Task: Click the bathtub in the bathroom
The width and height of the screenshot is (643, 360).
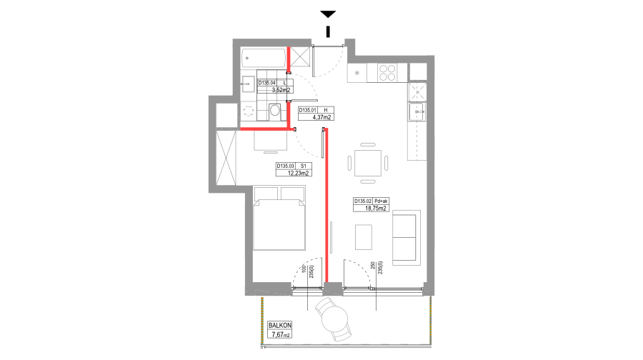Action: [x=264, y=58]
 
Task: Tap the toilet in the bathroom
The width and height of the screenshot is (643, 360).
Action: [x=275, y=111]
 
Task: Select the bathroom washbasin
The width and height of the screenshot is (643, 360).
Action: [x=248, y=84]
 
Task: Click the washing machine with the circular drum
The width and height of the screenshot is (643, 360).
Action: [x=249, y=111]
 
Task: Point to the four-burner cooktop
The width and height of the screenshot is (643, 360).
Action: [x=387, y=72]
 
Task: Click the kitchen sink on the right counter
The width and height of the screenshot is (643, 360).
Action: [x=417, y=111]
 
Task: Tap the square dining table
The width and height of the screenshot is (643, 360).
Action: [x=368, y=163]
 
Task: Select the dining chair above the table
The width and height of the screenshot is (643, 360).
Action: [x=368, y=145]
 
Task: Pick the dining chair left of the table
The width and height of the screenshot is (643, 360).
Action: [x=349, y=163]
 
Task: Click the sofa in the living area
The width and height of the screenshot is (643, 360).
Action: [x=406, y=237]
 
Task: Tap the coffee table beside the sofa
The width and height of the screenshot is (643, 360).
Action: [x=364, y=237]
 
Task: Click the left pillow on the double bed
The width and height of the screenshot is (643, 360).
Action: [x=266, y=194]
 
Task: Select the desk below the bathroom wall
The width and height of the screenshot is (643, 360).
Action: [x=270, y=140]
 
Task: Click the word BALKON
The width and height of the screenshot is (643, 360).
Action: [x=280, y=325]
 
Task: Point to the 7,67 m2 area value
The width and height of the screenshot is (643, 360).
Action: [x=280, y=334]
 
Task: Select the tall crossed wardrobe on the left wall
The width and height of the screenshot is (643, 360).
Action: [x=226, y=158]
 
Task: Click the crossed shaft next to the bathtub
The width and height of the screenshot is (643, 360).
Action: [x=300, y=57]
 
